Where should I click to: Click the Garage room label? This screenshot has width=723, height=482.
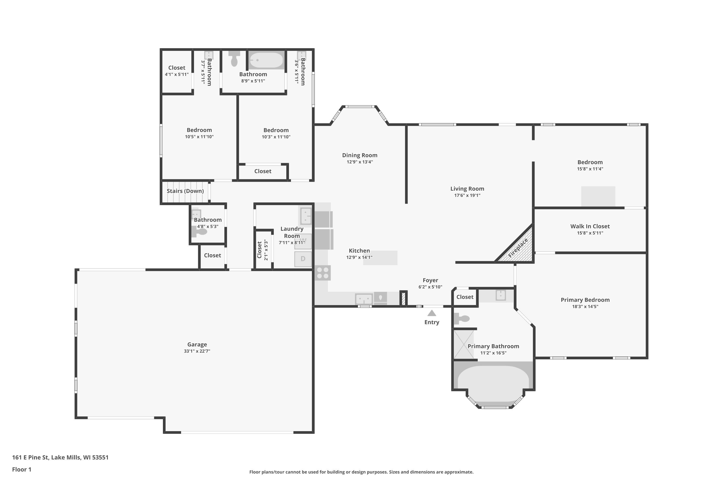pyautogui.click(x=197, y=345)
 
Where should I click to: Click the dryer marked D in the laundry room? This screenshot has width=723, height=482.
pyautogui.click(x=303, y=259)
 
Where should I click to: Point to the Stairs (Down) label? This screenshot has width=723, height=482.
pyautogui.click(x=185, y=191)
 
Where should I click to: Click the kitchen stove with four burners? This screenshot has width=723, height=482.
pyautogui.click(x=323, y=273)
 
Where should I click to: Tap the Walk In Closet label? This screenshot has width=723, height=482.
pyautogui.click(x=590, y=226)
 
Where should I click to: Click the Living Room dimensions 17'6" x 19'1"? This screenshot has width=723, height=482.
pyautogui.click(x=467, y=195)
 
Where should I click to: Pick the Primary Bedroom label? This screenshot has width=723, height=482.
pyautogui.click(x=585, y=300)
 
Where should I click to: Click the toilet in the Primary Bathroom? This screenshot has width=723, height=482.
pyautogui.click(x=462, y=318)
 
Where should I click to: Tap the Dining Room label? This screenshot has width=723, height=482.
pyautogui.click(x=360, y=155)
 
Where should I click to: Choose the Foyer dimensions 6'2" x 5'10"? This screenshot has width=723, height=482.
pyautogui.click(x=430, y=287)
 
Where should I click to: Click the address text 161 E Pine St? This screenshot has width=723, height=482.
pyautogui.click(x=30, y=457)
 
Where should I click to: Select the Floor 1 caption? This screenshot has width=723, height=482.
pyautogui.click(x=21, y=469)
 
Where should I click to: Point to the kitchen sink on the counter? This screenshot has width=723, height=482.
pyautogui.click(x=364, y=299)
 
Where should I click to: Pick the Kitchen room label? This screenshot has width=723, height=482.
pyautogui.click(x=359, y=251)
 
